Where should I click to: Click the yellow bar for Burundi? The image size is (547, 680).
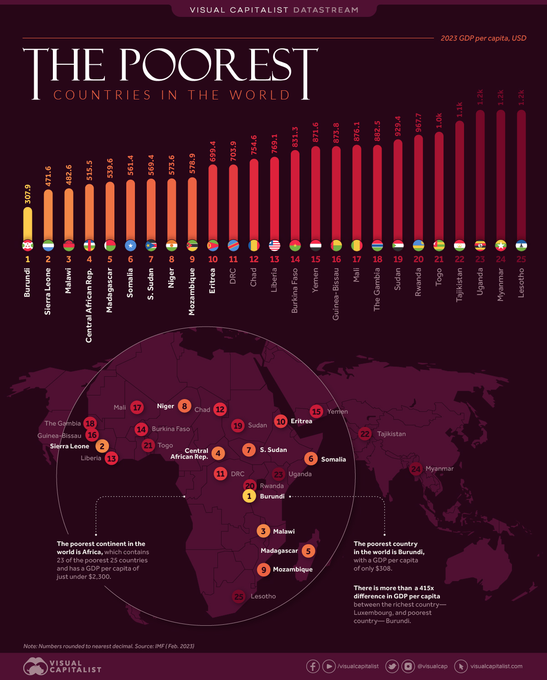click(28, 223)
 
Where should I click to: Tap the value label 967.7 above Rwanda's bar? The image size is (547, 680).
click(418, 123)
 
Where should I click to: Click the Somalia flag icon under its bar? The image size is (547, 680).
click(131, 245)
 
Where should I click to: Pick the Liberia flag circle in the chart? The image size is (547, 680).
click(274, 245)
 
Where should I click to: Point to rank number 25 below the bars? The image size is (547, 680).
click(521, 259)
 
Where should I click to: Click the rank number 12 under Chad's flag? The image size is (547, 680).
click(254, 259)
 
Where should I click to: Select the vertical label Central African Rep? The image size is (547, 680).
click(89, 305)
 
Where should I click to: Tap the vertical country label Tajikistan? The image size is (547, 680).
click(459, 284)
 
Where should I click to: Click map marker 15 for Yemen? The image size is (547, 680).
click(316, 411)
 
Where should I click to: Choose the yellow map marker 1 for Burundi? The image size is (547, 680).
click(249, 496)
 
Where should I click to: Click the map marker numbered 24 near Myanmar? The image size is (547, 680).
click(416, 468)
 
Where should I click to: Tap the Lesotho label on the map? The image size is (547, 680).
click(263, 596)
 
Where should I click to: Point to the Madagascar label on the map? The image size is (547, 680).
click(279, 550)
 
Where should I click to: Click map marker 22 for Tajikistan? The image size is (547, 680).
click(365, 434)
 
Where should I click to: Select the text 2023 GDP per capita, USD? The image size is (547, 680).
click(483, 38)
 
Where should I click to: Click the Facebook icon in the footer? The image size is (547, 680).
click(313, 666)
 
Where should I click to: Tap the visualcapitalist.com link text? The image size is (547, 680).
click(496, 666)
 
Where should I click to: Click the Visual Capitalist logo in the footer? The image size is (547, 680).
click(62, 666)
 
